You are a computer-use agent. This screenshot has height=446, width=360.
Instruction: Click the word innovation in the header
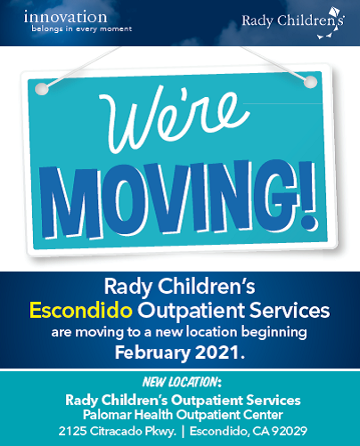coord(65,17)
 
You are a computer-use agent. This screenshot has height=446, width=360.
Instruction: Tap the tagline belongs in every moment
coord(82,29)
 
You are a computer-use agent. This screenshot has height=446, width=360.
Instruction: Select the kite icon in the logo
coord(331,23)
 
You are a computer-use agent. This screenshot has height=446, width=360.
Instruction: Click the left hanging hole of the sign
coord(42,89)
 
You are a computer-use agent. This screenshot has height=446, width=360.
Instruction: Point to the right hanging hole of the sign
coord(310,82)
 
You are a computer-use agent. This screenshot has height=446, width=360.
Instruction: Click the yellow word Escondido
coord(81,311)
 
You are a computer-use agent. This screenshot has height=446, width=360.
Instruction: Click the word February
coord(152,353)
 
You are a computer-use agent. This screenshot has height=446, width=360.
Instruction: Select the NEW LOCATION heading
coord(182,382)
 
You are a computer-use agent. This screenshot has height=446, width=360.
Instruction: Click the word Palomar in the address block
coord(107,415)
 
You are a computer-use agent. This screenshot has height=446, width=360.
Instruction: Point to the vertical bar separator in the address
coord(183,432)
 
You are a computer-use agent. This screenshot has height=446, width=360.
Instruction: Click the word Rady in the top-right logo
coord(258,21)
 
